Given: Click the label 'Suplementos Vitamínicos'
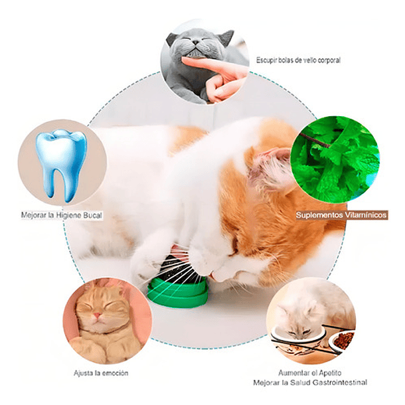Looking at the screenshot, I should [x=341, y=215].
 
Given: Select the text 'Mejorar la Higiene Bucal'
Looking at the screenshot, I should [x=60, y=215].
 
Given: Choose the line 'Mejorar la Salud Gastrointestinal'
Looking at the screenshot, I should [x=309, y=383].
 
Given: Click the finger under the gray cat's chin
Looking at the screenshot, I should [x=212, y=66].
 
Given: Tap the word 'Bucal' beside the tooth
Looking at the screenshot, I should [x=92, y=215].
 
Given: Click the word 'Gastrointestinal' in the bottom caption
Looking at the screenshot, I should [x=342, y=383].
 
